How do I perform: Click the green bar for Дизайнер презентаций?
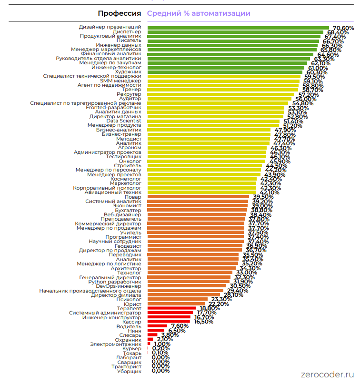[238, 28]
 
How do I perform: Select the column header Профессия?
[119, 13]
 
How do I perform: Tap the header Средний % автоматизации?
[199, 13]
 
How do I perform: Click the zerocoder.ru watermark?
[328, 375]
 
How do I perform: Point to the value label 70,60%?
[343, 28]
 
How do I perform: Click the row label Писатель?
[128, 41]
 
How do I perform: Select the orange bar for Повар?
[198, 196]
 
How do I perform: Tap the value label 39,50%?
[263, 197]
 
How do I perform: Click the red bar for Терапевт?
[171, 308]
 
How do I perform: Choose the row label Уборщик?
[129, 371]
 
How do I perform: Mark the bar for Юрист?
[176, 304]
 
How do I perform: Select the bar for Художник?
[225, 72]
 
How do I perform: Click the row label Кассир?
[131, 322]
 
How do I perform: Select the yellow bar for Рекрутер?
[221, 94]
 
